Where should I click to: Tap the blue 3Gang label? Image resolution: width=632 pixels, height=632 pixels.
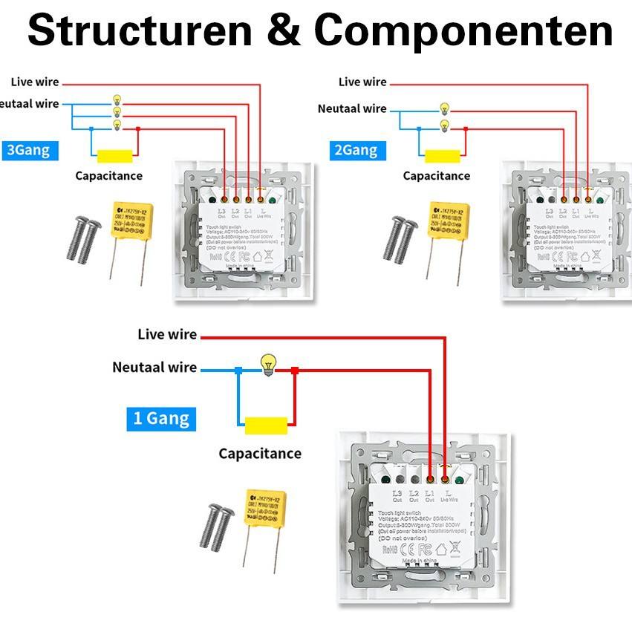pos(28,150)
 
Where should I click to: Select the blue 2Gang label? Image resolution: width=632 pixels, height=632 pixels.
pos(356,150)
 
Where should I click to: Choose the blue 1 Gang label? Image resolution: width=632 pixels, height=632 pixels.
pos(160,418)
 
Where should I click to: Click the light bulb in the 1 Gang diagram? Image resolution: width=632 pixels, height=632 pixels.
pos(267,364)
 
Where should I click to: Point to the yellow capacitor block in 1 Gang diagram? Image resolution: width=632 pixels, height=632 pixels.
pos(266,426)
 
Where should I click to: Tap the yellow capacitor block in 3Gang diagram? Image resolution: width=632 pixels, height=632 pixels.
pos(115,156)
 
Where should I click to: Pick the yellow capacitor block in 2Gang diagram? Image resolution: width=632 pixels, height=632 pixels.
pos(443,156)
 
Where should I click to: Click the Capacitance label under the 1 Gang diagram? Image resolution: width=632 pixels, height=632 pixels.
pos(260,453)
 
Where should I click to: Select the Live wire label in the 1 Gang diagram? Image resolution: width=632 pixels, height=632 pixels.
pos(167,334)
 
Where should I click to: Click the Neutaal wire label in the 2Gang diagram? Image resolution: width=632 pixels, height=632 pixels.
pos(352,108)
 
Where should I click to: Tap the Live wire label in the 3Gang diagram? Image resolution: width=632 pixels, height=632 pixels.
pos(35,82)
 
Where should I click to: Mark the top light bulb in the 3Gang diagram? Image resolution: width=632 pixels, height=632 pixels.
pos(116,99)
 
